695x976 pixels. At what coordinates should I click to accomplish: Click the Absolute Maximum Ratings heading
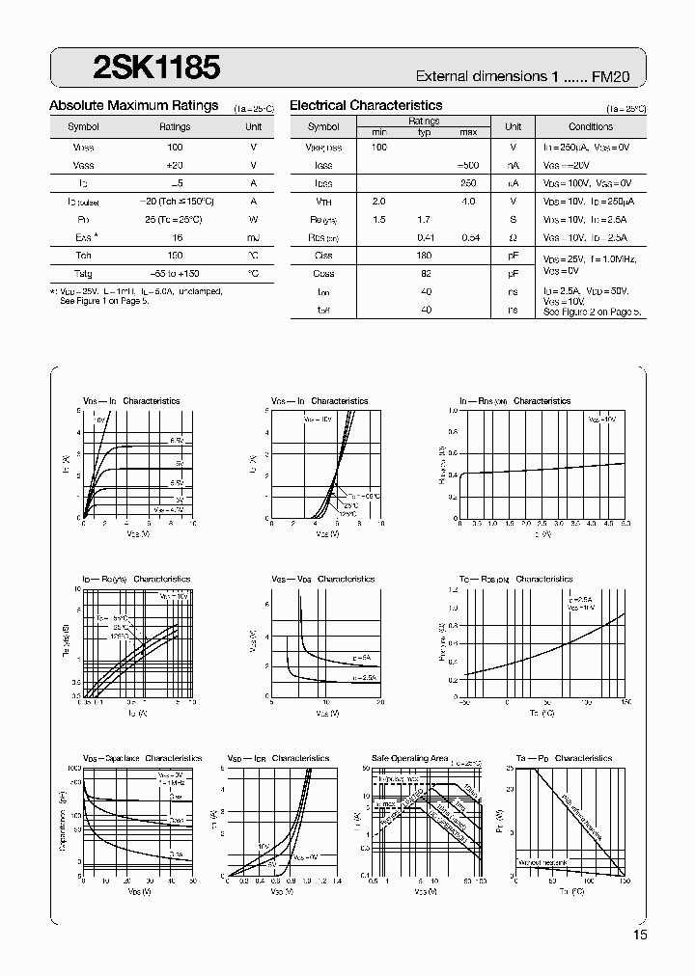[x=133, y=105]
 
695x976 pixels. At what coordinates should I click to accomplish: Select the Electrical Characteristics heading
[x=366, y=105]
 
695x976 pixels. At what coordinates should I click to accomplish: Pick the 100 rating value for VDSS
[x=175, y=147]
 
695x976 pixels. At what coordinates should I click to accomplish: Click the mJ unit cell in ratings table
[x=253, y=237]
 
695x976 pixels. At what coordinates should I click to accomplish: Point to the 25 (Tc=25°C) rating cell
[x=175, y=219]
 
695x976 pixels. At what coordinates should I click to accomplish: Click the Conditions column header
[x=590, y=126]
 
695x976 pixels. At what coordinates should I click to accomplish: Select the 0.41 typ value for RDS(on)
[x=425, y=237]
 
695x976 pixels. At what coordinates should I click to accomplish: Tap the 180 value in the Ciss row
[x=425, y=256]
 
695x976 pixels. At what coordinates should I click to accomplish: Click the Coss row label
[x=323, y=274]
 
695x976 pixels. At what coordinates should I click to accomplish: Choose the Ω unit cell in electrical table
[x=513, y=237]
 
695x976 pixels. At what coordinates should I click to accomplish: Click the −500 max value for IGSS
[x=467, y=165]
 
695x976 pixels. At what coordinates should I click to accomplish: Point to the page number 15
[x=641, y=935]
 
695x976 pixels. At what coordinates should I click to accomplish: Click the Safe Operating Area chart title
[x=409, y=759]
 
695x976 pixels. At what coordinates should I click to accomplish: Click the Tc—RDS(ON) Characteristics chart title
[x=516, y=580]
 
